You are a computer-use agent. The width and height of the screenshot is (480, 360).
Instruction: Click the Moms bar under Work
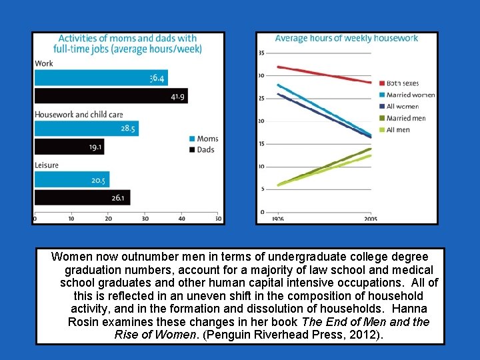coord(100,77)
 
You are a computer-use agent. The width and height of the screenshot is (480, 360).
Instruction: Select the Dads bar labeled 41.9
coord(110,95)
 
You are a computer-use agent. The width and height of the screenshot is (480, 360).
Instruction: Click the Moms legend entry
coord(203,139)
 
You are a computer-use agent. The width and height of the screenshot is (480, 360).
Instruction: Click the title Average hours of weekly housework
coord(346,39)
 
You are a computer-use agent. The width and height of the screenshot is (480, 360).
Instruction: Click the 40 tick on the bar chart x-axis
coord(181,218)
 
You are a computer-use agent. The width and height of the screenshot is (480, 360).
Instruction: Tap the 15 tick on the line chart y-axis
coord(261,144)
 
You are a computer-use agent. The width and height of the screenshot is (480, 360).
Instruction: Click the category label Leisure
coord(47,165)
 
